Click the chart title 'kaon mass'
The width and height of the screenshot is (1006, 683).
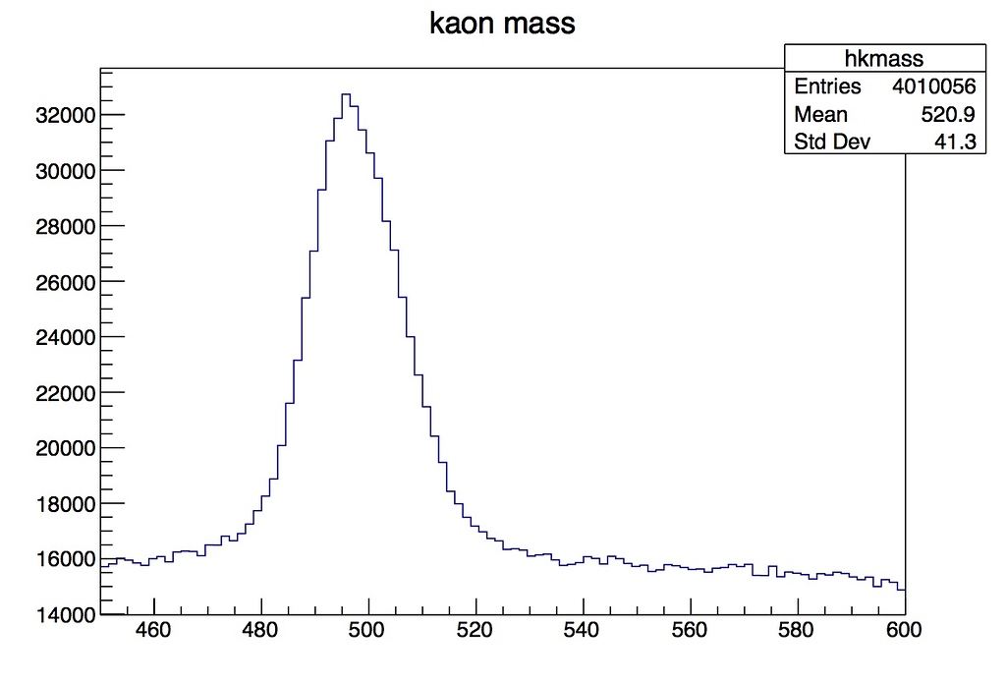[502, 24]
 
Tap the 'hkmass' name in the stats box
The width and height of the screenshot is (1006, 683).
[884, 59]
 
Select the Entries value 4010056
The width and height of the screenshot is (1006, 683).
[933, 86]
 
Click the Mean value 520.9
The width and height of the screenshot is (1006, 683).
[948, 114]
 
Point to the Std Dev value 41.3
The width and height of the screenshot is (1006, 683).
[958, 142]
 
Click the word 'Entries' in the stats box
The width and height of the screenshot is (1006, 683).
[827, 86]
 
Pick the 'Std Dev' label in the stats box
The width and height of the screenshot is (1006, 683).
[832, 142]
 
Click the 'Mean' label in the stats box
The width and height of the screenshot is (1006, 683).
[820, 114]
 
